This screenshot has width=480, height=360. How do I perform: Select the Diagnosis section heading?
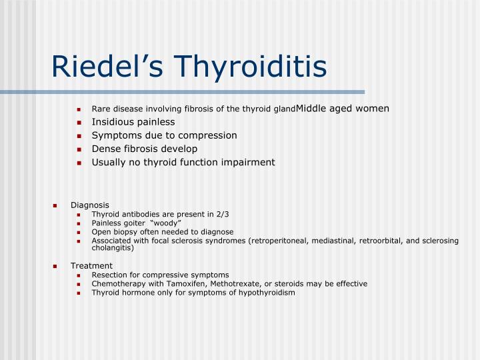(x=90, y=205)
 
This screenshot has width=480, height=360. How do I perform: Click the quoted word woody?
(x=166, y=223)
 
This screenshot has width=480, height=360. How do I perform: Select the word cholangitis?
(x=113, y=247)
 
